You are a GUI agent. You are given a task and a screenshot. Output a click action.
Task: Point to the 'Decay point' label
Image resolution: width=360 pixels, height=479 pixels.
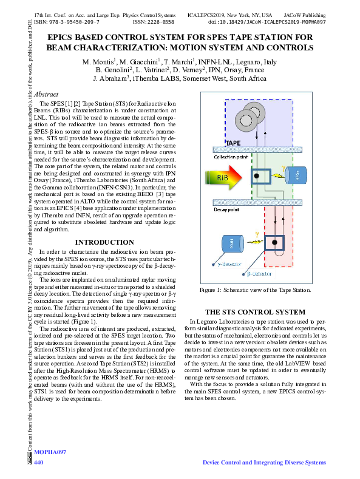click(x=225, y=209)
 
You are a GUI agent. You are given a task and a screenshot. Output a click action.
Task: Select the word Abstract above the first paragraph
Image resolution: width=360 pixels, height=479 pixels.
click(x=46, y=95)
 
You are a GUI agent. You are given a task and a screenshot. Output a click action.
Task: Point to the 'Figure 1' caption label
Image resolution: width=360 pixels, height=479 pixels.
click(x=211, y=290)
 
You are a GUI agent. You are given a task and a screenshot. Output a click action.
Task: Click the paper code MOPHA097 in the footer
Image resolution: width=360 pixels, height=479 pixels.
click(x=50, y=453)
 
